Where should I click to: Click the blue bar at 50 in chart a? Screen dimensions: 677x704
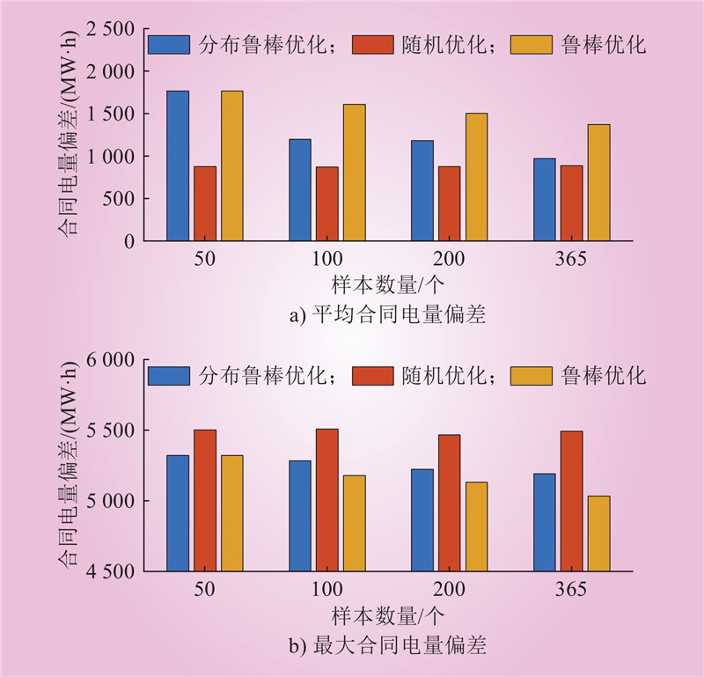point(178,166)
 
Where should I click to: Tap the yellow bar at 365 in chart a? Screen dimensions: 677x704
point(598,182)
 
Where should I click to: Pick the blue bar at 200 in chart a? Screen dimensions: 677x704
point(422,190)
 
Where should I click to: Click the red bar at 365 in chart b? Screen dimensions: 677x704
point(571,501)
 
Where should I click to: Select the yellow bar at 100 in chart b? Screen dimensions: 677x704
point(354,523)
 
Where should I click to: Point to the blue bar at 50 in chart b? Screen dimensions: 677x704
point(178,513)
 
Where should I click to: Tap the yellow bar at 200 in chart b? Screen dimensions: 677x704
point(476,526)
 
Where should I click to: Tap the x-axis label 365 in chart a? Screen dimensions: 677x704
point(571,260)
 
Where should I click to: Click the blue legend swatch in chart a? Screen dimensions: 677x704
point(169,45)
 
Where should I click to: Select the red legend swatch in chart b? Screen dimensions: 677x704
point(373,376)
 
